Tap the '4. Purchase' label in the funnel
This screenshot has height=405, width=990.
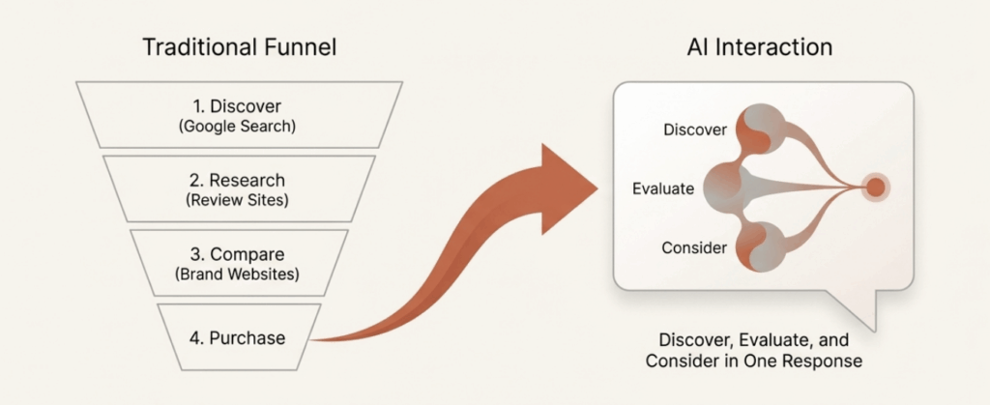[x=237, y=337]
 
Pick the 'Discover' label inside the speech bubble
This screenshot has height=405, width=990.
[x=694, y=130]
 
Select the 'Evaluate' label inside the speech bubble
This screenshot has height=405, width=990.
[x=664, y=188]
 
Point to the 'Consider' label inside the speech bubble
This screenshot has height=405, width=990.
[x=694, y=248]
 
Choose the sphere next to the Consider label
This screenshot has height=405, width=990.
[x=758, y=247]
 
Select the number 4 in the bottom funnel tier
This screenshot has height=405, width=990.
[x=195, y=337]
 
